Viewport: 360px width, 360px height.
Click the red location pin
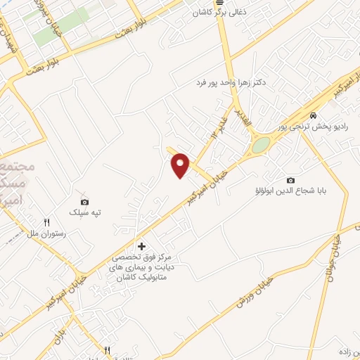181,165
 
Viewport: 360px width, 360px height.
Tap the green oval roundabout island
261,145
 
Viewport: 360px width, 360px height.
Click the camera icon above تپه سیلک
85,202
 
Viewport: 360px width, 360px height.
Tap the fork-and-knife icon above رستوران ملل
46,222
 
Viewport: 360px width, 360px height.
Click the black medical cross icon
142,246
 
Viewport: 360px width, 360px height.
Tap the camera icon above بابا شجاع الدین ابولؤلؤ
291,181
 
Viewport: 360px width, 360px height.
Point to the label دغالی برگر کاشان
219,13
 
